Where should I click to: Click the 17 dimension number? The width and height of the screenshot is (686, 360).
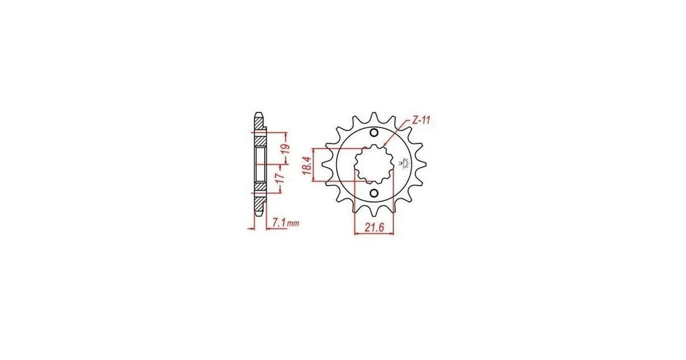281,177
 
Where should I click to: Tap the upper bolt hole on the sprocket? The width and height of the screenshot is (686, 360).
374,133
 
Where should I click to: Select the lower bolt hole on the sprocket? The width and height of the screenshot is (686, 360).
374,193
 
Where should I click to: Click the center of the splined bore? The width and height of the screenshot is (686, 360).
374,163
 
